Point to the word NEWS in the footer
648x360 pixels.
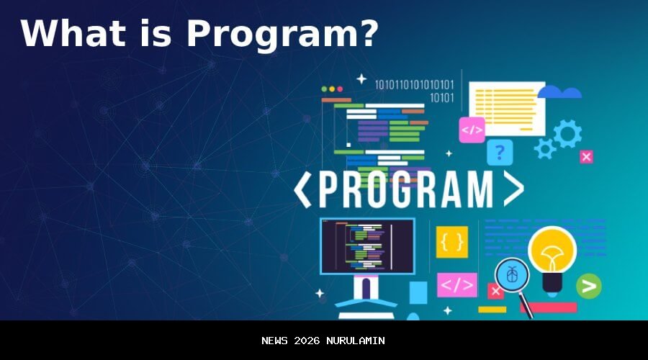pyautogui.click(x=275, y=341)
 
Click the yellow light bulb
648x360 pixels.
pyautogui.click(x=552, y=252)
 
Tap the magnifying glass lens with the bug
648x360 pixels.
pyautogui.click(x=512, y=274)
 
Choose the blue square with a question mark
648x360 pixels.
pyautogui.click(x=500, y=153)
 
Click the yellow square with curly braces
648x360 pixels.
pyautogui.click(x=451, y=242)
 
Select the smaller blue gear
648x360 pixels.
pyautogui.click(x=545, y=148)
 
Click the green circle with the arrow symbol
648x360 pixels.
pyautogui.click(x=589, y=287)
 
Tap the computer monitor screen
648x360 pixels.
pyautogui.click(x=367, y=246)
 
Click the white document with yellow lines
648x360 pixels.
pyautogui.click(x=507, y=107)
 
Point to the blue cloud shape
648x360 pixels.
pyautogui.click(x=559, y=92)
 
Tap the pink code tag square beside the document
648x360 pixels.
pyautogui.click(x=472, y=130)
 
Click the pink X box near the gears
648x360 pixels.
pyautogui.click(x=586, y=157)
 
